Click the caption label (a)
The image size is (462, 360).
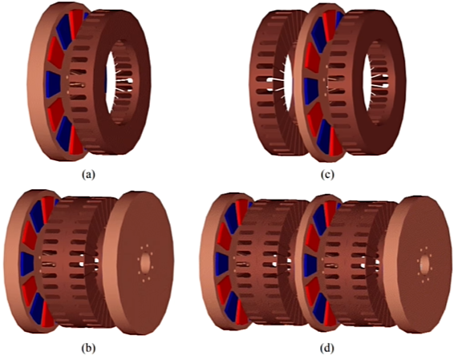[x=88, y=175]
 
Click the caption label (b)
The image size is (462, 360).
[x=88, y=348]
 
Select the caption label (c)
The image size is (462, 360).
[x=327, y=175]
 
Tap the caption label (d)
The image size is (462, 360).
[x=327, y=348]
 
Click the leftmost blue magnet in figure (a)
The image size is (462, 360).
[x=53, y=84]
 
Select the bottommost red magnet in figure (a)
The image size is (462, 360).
[x=75, y=144]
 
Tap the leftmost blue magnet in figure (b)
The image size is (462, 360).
[x=27, y=263]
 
